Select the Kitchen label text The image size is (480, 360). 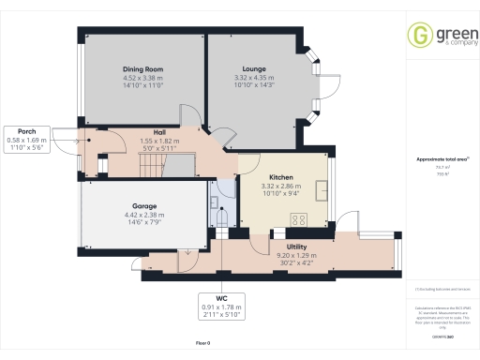(282, 177)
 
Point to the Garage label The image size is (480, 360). (143, 205)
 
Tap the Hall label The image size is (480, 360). (159, 132)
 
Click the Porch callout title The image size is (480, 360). (26, 131)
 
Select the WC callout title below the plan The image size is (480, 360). (221, 298)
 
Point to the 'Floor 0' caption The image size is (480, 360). (202, 344)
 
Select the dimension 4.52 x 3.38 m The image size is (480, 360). (142, 78)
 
